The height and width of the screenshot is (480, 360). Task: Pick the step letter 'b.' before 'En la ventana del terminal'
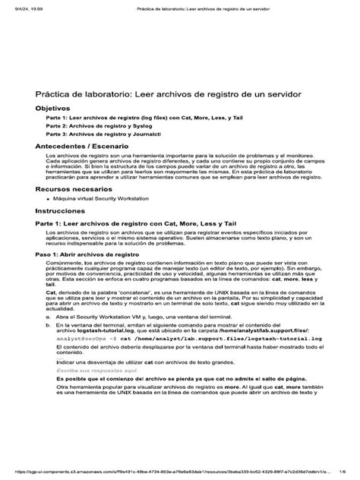coord(49,324)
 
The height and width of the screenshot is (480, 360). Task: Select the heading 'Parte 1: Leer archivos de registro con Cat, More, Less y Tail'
coord(132,224)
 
